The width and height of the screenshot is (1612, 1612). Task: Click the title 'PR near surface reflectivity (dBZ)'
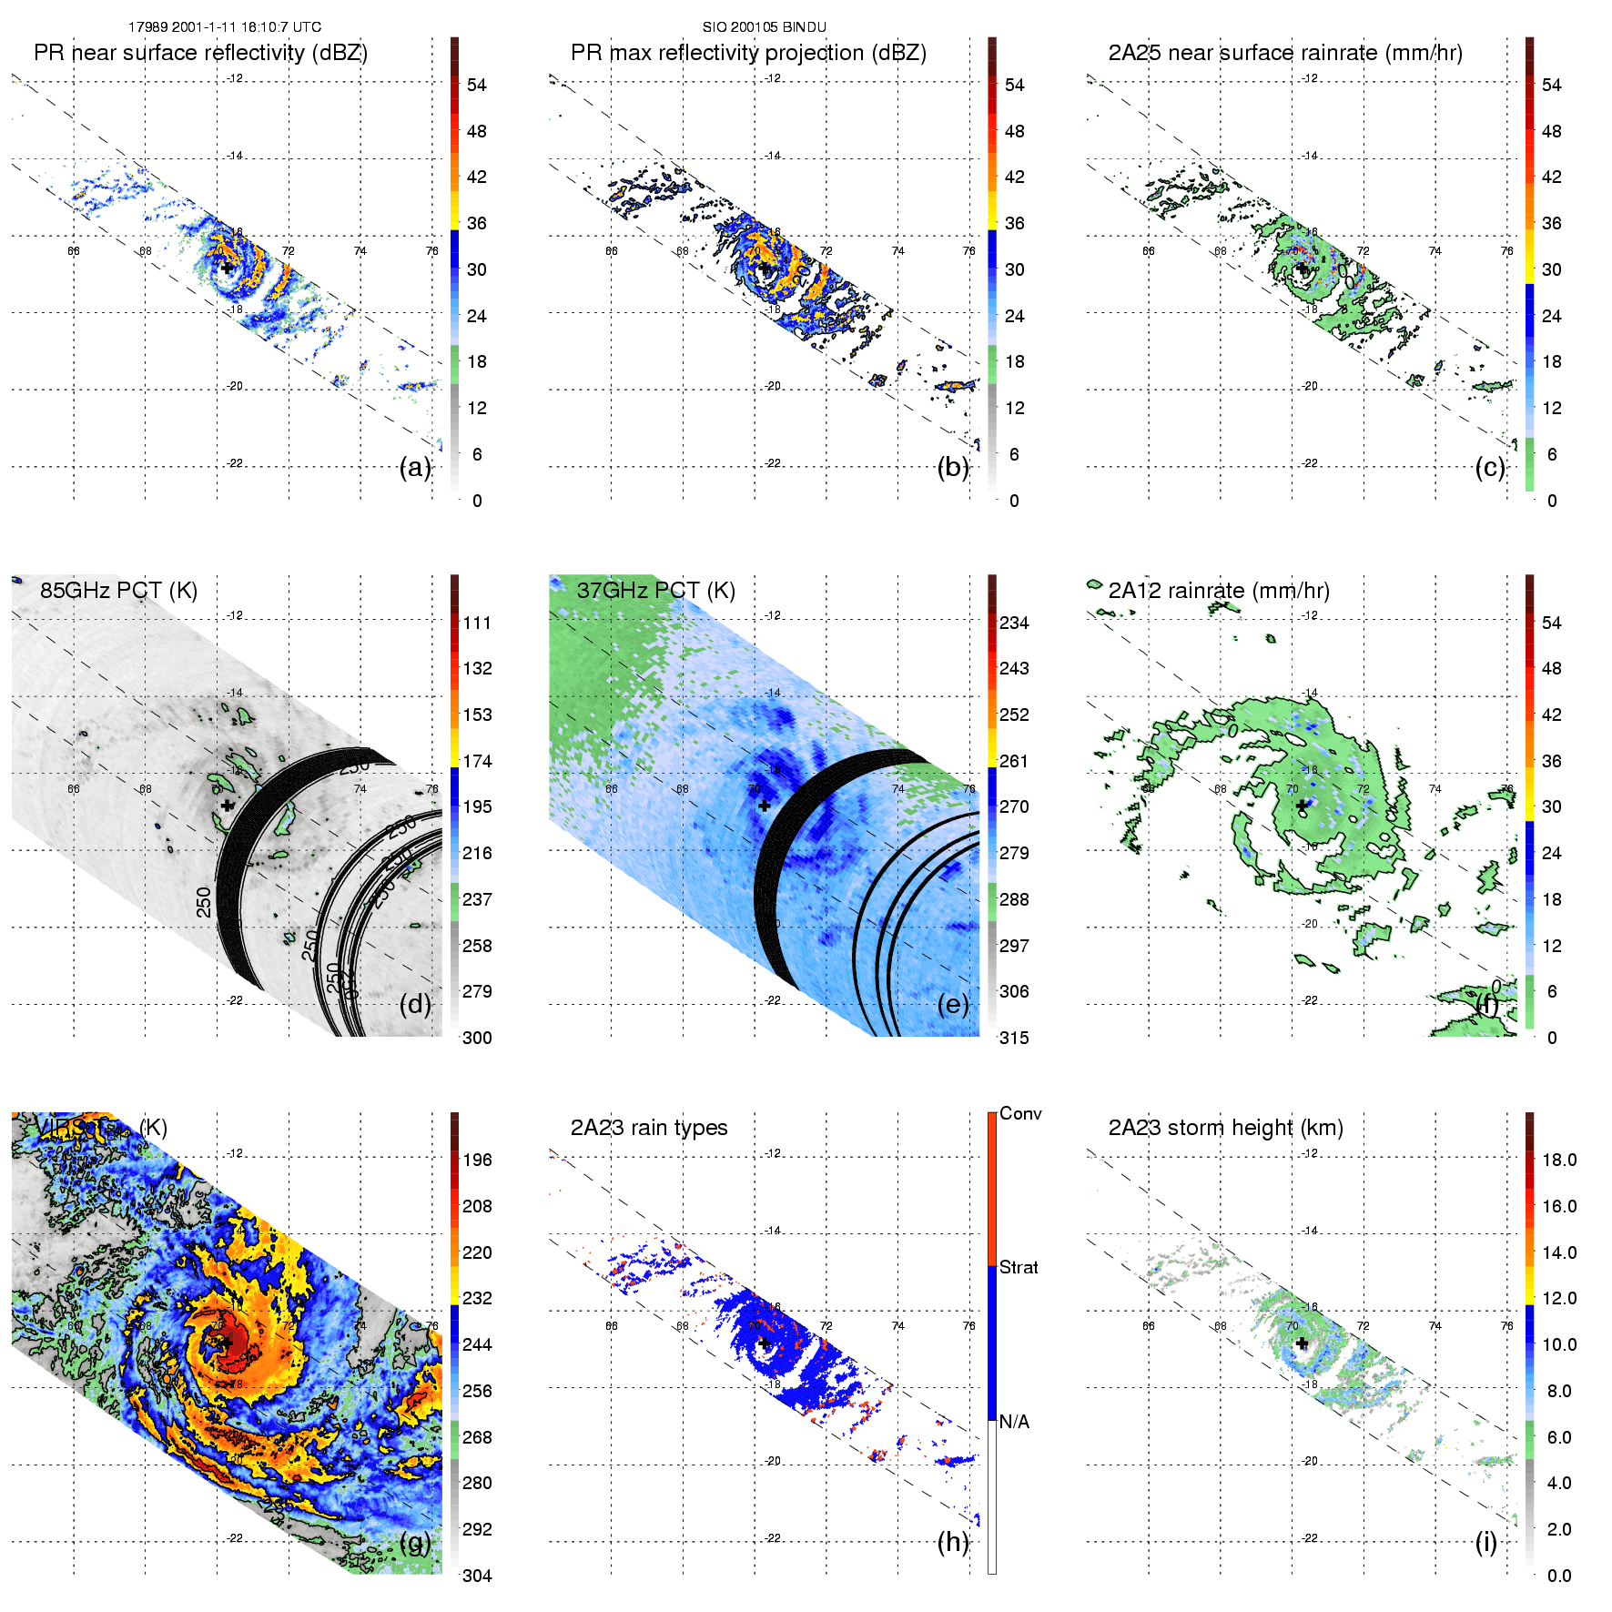click(x=200, y=53)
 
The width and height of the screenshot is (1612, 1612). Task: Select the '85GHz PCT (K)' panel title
click(x=118, y=590)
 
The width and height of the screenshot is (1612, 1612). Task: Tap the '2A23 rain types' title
click(x=649, y=1128)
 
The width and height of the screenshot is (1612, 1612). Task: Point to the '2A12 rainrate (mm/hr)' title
click(x=1219, y=590)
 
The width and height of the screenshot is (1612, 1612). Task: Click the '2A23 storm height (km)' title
click(x=1225, y=1128)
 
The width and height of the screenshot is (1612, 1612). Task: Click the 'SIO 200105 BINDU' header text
click(x=764, y=27)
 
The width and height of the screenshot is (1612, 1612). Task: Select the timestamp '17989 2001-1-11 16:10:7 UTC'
click(x=224, y=27)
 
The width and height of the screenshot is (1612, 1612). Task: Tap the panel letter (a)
click(x=415, y=468)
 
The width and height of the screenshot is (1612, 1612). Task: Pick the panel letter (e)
click(x=953, y=1005)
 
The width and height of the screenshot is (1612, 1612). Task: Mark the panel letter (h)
click(x=953, y=1542)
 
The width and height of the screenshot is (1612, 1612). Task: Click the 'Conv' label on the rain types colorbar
click(x=1020, y=1113)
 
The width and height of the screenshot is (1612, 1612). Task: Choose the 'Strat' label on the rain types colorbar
click(x=1019, y=1267)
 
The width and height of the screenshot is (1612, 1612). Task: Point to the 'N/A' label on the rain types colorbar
click(x=1014, y=1422)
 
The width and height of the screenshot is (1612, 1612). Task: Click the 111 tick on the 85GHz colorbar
click(x=477, y=623)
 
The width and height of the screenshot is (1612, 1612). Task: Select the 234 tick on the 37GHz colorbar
click(x=1014, y=623)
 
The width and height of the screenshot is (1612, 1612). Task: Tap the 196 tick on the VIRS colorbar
click(x=477, y=1160)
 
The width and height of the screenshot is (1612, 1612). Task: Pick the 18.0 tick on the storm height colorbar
click(x=1559, y=1160)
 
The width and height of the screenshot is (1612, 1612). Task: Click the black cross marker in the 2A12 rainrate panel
click(x=1302, y=806)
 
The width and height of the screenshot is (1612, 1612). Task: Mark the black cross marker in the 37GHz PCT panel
click(x=765, y=806)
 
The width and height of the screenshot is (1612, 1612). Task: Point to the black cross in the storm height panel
click(x=1302, y=1343)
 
